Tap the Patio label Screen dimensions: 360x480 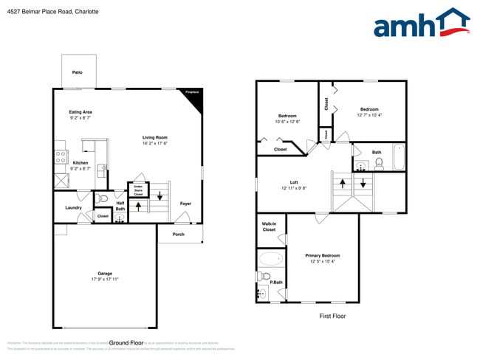(x=77, y=73)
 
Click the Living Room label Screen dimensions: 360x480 (x=155, y=137)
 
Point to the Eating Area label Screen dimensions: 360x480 (x=80, y=112)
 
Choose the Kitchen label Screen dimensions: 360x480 (x=80, y=162)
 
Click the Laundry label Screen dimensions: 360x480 (x=73, y=207)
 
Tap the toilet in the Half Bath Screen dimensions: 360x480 (x=103, y=198)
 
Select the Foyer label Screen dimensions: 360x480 (x=185, y=204)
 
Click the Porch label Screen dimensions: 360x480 (x=179, y=235)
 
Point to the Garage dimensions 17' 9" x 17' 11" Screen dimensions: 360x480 (x=105, y=279)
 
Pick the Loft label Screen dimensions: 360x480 (x=293, y=182)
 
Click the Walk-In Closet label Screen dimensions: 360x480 (x=269, y=226)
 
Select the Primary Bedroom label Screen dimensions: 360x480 (x=323, y=255)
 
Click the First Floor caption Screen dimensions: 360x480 (x=332, y=316)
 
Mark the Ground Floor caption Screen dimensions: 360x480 (x=126, y=343)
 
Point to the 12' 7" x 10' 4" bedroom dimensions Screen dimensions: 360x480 (x=369, y=115)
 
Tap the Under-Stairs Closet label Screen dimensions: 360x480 (x=138, y=190)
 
